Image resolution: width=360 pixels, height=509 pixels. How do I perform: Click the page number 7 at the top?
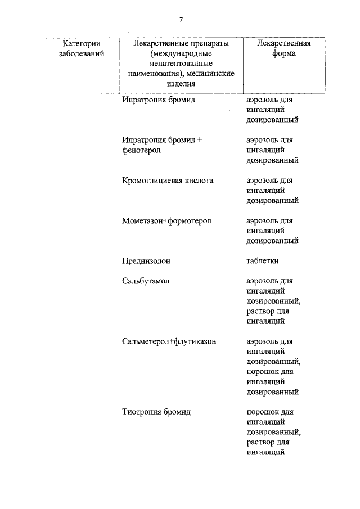click(181, 20)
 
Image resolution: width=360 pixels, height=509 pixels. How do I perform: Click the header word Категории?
click(82, 43)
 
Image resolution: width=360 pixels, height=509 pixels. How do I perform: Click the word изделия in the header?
click(181, 83)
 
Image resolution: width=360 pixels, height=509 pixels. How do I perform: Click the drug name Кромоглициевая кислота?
click(168, 181)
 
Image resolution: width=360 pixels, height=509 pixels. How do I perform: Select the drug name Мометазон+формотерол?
click(166, 221)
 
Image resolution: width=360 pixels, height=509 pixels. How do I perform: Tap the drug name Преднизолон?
click(146, 261)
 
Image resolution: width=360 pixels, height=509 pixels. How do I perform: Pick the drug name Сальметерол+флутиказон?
click(169, 341)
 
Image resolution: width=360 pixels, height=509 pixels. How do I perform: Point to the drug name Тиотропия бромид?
click(156, 412)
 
